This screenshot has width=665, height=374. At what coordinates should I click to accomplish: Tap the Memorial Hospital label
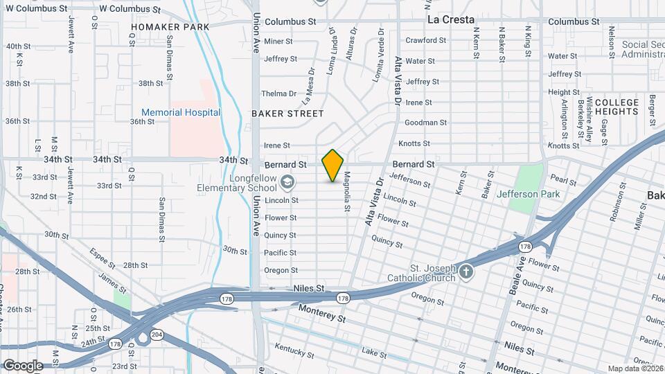click(x=181, y=112)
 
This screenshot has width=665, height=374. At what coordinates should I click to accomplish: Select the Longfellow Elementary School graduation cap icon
click(x=287, y=183)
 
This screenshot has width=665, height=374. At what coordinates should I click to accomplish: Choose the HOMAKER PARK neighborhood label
click(x=170, y=27)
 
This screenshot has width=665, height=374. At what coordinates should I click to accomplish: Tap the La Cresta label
click(x=450, y=19)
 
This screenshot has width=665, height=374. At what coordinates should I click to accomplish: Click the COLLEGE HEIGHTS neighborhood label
click(x=616, y=107)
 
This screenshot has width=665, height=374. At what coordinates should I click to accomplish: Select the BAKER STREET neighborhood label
click(x=287, y=114)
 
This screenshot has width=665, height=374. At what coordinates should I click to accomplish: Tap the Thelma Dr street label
click(x=278, y=93)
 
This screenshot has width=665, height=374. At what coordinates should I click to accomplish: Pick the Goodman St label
click(x=426, y=123)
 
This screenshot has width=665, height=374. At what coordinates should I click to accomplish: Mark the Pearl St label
click(x=563, y=181)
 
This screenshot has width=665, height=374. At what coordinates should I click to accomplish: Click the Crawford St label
click(x=425, y=40)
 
